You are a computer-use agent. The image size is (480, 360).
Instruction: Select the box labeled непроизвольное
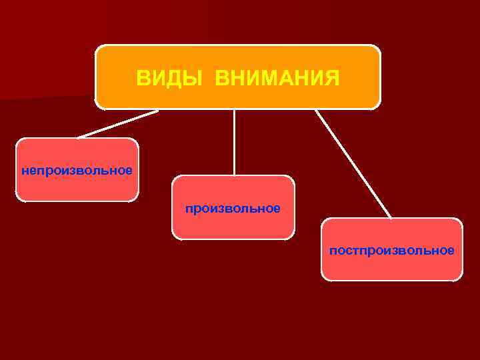77,170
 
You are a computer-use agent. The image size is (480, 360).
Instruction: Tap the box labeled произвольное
233,207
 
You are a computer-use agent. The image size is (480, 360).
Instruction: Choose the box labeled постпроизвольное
391,249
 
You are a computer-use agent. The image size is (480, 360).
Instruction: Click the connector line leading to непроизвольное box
117,124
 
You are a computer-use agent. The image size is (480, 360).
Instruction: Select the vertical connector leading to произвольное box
234,142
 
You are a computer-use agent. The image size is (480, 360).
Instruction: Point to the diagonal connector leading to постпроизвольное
353,163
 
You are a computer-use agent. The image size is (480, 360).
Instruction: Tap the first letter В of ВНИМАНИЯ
221,79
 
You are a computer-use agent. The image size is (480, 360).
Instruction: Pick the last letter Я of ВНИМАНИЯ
332,79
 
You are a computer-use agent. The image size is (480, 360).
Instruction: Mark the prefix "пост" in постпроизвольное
342,251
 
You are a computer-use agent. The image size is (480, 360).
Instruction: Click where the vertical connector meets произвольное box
234,176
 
